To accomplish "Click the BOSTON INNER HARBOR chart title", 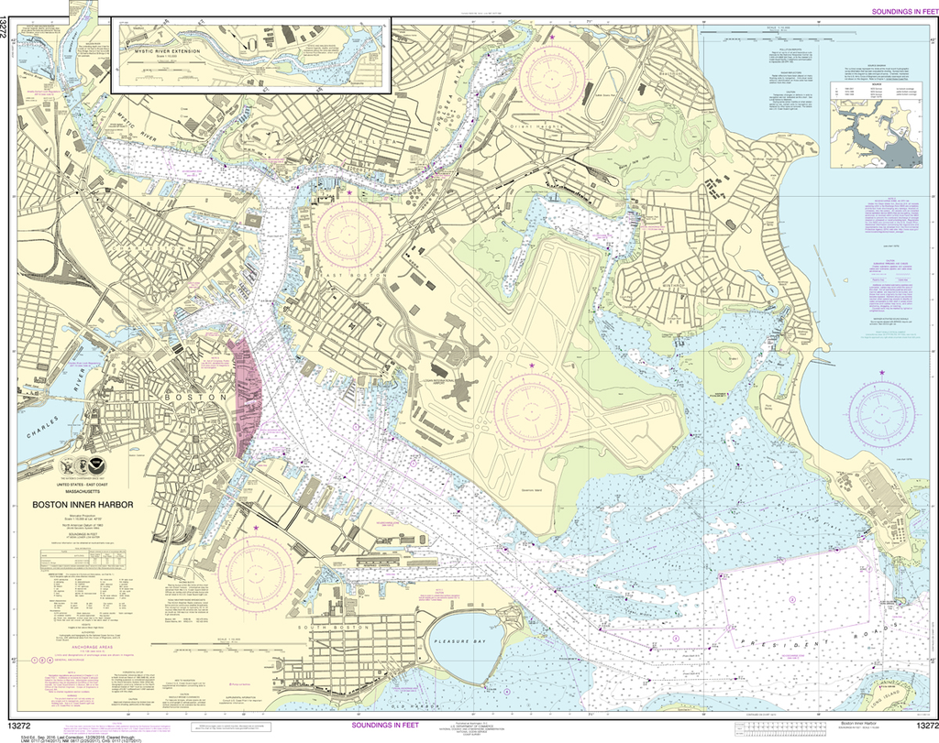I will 83,503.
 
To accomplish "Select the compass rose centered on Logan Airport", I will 531,407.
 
